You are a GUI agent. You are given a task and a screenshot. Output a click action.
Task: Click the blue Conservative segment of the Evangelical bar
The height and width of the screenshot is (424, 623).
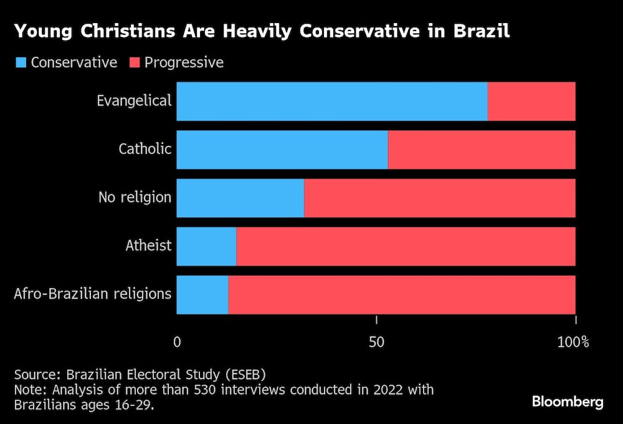point(331,101)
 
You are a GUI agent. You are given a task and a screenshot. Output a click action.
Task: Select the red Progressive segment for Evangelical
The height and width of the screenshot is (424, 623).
point(531,101)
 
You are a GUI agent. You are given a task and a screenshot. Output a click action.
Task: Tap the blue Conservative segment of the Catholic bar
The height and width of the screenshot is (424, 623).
point(282,150)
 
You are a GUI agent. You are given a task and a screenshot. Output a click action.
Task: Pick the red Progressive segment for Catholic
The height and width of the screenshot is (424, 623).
point(482,150)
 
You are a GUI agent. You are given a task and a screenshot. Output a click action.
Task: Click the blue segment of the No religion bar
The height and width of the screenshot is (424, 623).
point(240,198)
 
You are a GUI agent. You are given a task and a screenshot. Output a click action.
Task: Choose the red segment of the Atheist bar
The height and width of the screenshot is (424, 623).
point(406,247)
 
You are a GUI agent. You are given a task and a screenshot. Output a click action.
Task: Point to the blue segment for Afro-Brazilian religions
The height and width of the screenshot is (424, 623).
point(202,295)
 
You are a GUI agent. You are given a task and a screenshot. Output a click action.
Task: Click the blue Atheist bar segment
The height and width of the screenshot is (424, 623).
point(206,247)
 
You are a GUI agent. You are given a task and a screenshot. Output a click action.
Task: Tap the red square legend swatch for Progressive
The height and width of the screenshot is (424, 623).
point(134,62)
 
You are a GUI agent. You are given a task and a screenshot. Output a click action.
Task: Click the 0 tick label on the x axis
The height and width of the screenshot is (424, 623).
point(177,342)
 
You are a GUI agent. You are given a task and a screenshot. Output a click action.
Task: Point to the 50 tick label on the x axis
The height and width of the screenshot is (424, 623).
point(376,342)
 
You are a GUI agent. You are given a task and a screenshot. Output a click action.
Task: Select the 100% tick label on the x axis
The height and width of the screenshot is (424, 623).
point(573,342)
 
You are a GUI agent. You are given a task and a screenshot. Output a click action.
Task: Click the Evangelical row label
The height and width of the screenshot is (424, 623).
point(134,100)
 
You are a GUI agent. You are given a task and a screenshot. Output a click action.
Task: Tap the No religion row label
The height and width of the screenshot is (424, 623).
point(135,198)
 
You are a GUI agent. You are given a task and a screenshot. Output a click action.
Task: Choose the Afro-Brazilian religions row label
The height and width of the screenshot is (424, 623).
point(92,294)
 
